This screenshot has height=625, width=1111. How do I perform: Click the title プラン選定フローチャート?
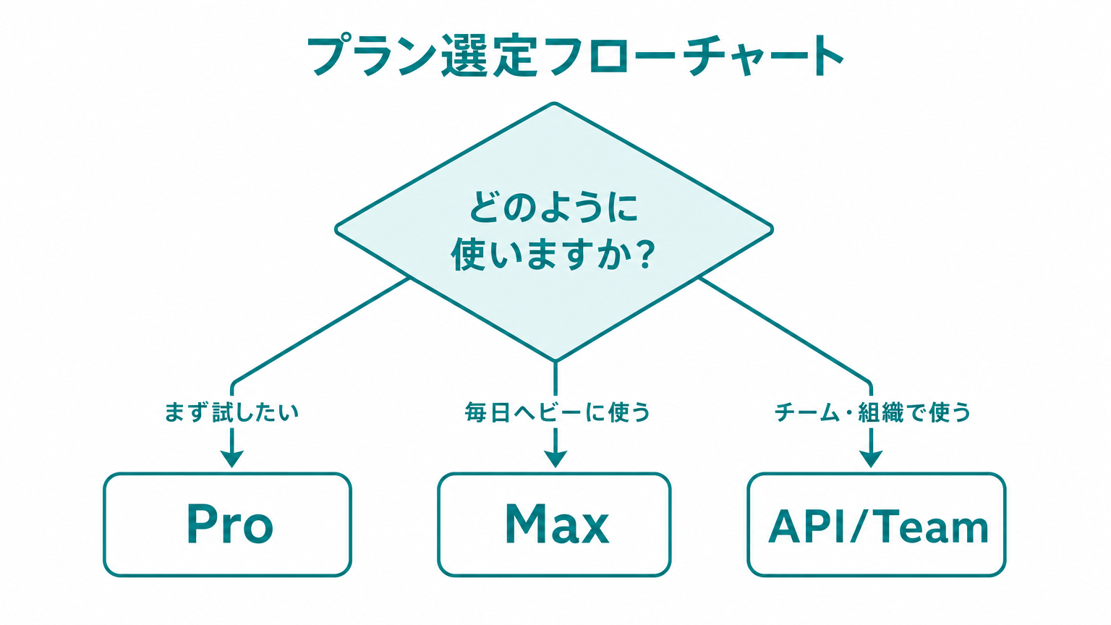pyautogui.click(x=575, y=56)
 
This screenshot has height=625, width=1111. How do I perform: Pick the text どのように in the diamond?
pyautogui.click(x=553, y=208)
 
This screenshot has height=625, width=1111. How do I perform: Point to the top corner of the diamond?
pyautogui.click(x=554, y=103)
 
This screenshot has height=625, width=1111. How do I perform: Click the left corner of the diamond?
pyautogui.click(x=337, y=229)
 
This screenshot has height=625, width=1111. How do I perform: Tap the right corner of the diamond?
pyautogui.click(x=772, y=229)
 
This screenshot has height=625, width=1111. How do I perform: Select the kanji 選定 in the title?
pyautogui.click(x=489, y=56)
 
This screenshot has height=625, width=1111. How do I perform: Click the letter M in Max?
pyautogui.click(x=525, y=524)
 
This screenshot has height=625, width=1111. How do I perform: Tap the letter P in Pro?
pyautogui.click(x=200, y=524)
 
